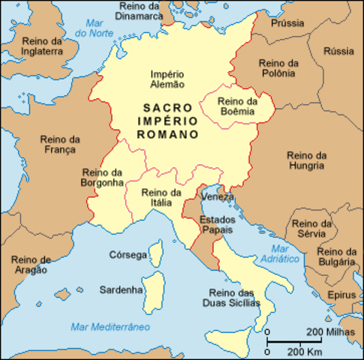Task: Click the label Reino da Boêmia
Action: [237, 106]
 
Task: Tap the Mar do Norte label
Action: [96, 28]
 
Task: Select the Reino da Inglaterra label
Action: [39, 46]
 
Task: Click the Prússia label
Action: [287, 23]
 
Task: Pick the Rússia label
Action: [338, 51]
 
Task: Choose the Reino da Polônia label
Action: [278, 68]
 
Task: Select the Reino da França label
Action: [62, 145]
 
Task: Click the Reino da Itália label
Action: [161, 197]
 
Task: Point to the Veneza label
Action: [218, 196]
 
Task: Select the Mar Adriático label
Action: [279, 253]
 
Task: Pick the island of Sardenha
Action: [155, 289]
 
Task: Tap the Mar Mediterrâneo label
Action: [110, 327]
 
